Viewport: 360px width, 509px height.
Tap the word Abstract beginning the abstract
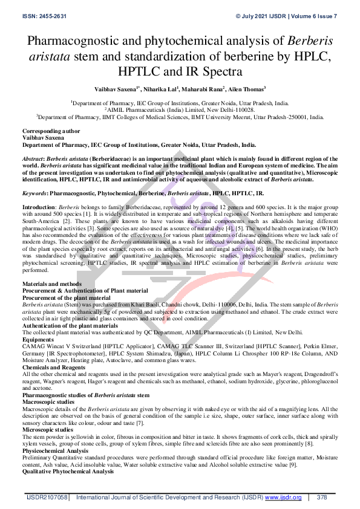[36, 156]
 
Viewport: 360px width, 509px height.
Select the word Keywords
[34, 193]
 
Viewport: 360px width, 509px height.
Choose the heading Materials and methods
[52, 284]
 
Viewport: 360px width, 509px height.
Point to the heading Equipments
[39, 339]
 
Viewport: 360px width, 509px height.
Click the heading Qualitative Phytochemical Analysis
[68, 471]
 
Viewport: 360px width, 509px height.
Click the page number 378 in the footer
[321, 498]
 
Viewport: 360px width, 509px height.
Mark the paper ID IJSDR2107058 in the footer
[47, 498]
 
